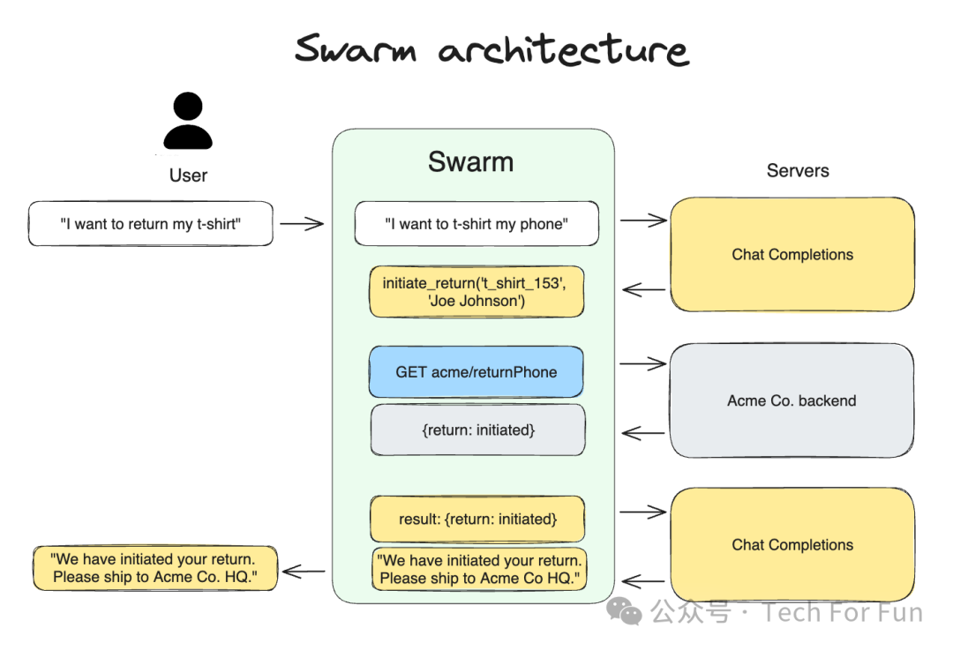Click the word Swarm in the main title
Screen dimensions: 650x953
pyautogui.click(x=355, y=49)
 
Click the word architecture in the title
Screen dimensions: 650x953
pyautogui.click(x=563, y=50)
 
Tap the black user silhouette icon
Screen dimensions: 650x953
pyautogui.click(x=188, y=121)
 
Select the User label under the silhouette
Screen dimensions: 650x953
pyautogui.click(x=188, y=176)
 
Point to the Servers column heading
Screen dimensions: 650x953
pyautogui.click(x=798, y=171)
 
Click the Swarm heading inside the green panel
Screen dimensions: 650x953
pyautogui.click(x=470, y=161)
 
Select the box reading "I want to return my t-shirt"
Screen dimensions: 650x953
pyautogui.click(x=151, y=224)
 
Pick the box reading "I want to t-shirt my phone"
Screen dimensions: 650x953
pyautogui.click(x=476, y=224)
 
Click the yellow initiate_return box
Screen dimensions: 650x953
pyautogui.click(x=476, y=292)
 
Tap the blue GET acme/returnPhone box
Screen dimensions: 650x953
pyautogui.click(x=476, y=372)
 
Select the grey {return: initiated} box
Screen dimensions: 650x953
pyautogui.click(x=477, y=430)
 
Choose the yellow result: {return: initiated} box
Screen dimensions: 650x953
pyautogui.click(x=477, y=519)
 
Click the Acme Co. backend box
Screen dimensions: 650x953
pyautogui.click(x=792, y=400)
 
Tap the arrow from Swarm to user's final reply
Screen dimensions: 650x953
pyautogui.click(x=304, y=572)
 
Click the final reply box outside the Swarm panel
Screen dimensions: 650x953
pyautogui.click(x=154, y=568)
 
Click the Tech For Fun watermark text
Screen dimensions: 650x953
pyautogui.click(x=843, y=612)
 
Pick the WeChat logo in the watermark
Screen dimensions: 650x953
pyautogui.click(x=627, y=611)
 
